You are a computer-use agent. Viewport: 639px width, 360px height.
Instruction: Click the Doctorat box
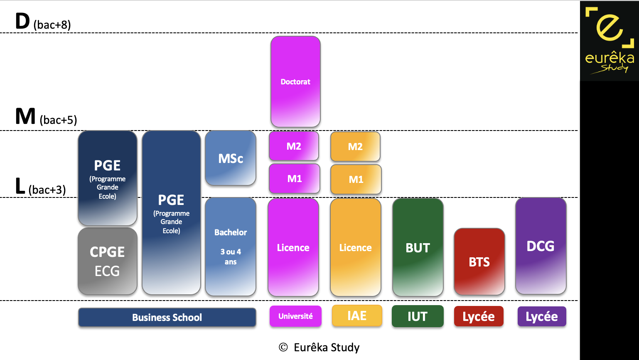[295, 81]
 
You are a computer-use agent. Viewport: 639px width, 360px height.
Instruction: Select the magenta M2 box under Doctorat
[294, 146]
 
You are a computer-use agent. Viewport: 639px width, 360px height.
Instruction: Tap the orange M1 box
[356, 179]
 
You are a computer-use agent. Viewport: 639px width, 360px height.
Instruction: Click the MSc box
[231, 158]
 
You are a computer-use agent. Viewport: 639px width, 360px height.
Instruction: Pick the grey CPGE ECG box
[107, 261]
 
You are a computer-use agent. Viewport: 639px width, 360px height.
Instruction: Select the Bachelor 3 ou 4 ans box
[231, 247]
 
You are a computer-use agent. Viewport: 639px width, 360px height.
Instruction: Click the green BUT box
[418, 247]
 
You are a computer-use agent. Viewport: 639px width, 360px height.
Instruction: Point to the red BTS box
[479, 261]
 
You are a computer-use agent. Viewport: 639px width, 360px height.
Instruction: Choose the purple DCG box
[541, 246]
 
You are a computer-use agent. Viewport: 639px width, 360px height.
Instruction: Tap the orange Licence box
[355, 247]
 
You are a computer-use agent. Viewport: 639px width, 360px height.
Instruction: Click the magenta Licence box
[293, 247]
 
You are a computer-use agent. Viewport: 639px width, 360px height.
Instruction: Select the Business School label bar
[167, 317]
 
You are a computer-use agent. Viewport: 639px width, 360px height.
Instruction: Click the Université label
[295, 316]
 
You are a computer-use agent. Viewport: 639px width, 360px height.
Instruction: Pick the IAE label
[357, 316]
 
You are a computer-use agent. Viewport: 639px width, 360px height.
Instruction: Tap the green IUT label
[418, 316]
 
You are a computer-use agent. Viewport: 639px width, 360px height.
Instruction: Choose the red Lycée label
[479, 316]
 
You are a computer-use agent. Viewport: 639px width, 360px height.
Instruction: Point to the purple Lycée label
[542, 316]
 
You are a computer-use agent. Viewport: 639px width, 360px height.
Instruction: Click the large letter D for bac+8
[22, 21]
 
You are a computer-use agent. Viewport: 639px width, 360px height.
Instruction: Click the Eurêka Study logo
[610, 41]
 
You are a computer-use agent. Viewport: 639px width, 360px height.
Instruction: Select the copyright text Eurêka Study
[319, 347]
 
